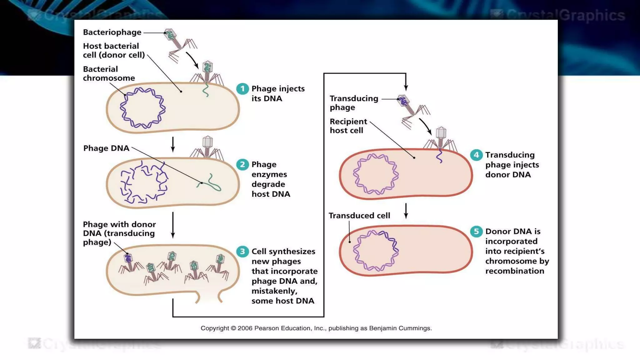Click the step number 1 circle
tap(242, 89)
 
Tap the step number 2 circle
tap(242, 164)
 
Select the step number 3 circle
tap(242, 252)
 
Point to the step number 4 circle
tap(476, 155)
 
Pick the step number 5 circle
tap(476, 232)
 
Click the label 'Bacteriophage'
tap(112, 32)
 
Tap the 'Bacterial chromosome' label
tap(108, 73)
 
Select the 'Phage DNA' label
tap(106, 148)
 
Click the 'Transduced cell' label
tap(359, 216)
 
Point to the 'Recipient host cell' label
tap(348, 126)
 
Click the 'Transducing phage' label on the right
tap(353, 103)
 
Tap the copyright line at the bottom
tap(316, 328)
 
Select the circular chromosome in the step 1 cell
tap(142, 108)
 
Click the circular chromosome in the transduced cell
tap(376, 251)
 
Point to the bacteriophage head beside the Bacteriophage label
tap(170, 35)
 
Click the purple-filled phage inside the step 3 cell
tap(128, 259)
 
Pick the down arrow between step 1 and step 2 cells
tap(173, 144)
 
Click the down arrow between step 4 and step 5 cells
tap(406, 211)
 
